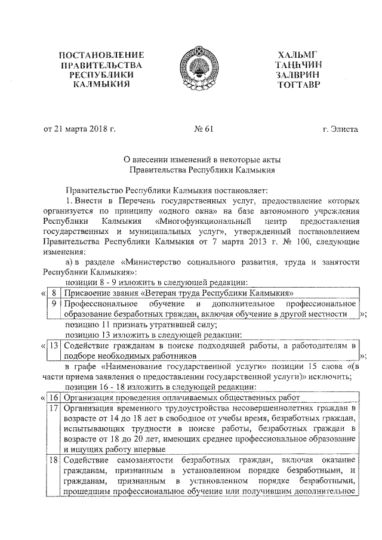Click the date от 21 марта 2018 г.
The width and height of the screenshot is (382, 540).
(79, 129)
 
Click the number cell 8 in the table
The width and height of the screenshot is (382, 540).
(54, 293)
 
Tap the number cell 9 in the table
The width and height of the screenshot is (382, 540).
(54, 304)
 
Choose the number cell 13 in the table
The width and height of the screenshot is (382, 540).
(53, 345)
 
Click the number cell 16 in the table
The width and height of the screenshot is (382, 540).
(53, 397)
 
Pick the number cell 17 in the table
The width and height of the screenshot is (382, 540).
(53, 408)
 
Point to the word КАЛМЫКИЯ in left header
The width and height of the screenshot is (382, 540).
(106, 85)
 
